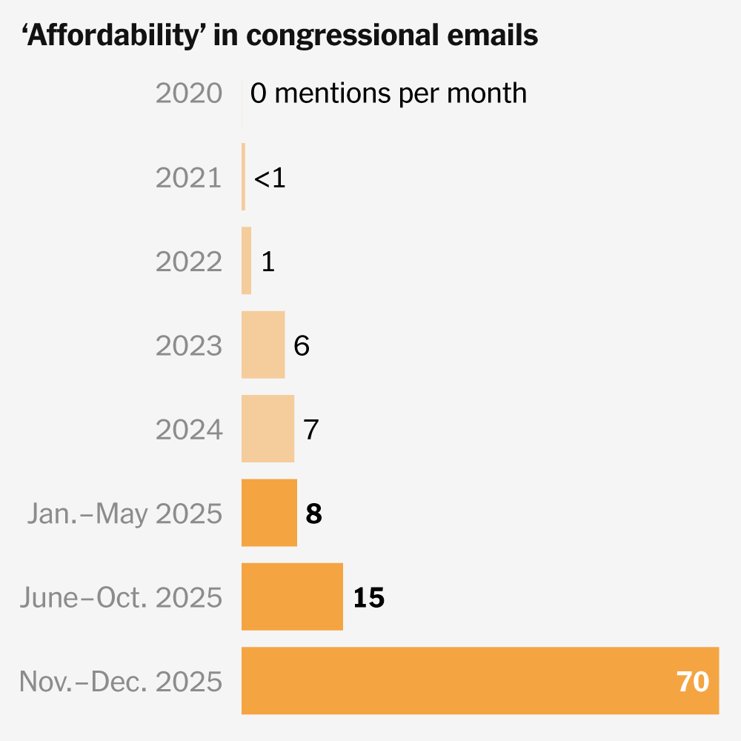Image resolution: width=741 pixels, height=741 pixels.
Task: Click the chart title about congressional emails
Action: pyautogui.click(x=280, y=36)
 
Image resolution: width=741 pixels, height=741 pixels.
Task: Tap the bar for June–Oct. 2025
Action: pyautogui.click(x=292, y=597)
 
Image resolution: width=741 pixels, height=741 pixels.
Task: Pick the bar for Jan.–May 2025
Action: pyautogui.click(x=269, y=513)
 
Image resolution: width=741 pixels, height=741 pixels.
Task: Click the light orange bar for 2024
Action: pyautogui.click(x=268, y=429)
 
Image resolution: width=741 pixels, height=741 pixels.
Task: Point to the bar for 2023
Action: pyautogui.click(x=263, y=345)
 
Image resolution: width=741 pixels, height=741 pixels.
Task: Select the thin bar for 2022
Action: pyautogui.click(x=247, y=261)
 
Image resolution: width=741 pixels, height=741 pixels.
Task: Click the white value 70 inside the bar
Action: pyautogui.click(x=693, y=681)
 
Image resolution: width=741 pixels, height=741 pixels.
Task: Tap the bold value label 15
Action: pyautogui.click(x=368, y=597)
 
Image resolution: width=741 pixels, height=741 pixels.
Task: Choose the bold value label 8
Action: pyautogui.click(x=313, y=514)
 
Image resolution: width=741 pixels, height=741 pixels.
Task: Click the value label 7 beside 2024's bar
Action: pyautogui.click(x=311, y=430)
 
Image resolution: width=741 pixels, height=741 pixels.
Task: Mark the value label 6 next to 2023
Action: pyautogui.click(x=302, y=346)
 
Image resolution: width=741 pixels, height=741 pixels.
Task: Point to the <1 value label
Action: pyautogui.click(x=270, y=178)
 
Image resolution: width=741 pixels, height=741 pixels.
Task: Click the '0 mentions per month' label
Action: pyautogui.click(x=388, y=94)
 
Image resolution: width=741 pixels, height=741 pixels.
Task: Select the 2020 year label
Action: pyautogui.click(x=189, y=94)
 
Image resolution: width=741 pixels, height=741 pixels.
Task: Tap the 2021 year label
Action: pyautogui.click(x=189, y=178)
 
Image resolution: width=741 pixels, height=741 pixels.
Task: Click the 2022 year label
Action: pyautogui.click(x=189, y=262)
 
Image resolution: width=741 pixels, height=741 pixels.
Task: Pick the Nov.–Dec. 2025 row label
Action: pyautogui.click(x=121, y=681)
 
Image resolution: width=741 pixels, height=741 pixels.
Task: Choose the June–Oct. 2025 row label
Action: pyautogui.click(x=121, y=597)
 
